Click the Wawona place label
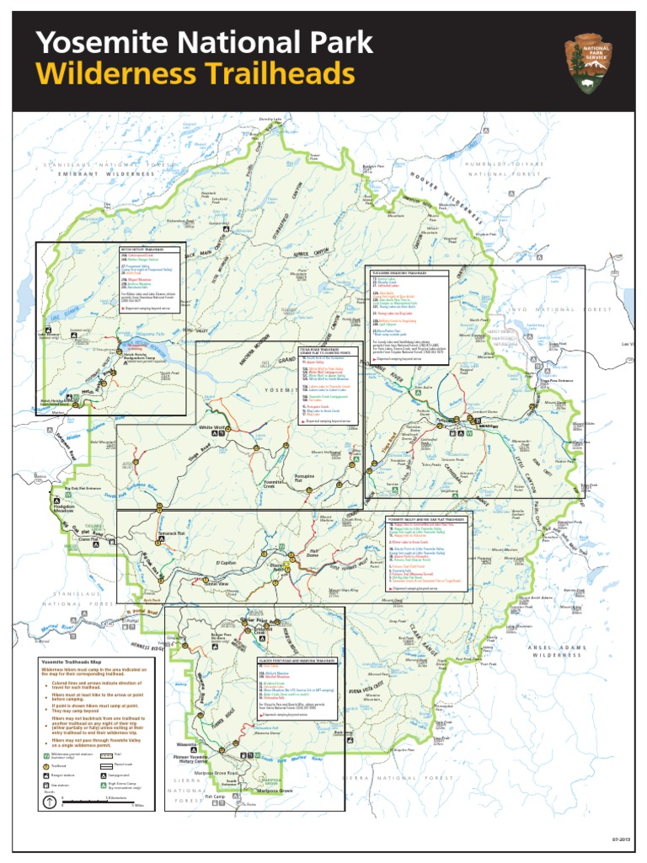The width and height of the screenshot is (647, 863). point(187,745)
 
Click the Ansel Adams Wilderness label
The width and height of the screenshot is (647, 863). point(556,649)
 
